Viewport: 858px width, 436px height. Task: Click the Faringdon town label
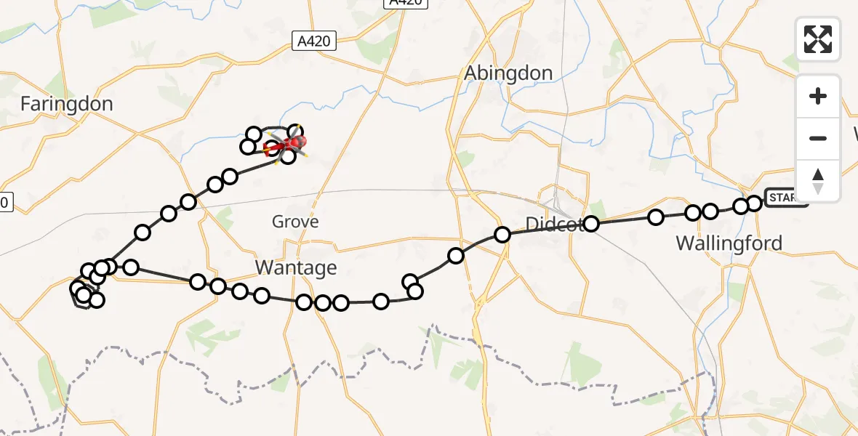(x=66, y=104)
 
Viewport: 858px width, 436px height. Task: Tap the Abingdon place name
(x=508, y=73)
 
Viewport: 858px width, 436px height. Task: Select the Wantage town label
(x=296, y=268)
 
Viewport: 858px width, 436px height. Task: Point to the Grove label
(x=295, y=222)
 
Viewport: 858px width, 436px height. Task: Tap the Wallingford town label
(x=729, y=243)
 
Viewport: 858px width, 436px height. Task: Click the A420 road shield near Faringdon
(x=316, y=41)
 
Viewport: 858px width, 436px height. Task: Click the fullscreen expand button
(x=818, y=39)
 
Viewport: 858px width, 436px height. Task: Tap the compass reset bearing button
(x=818, y=181)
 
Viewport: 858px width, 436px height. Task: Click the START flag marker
(x=786, y=198)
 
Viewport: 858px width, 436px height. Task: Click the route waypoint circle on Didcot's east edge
(x=592, y=224)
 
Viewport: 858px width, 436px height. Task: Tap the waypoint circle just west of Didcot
(x=502, y=234)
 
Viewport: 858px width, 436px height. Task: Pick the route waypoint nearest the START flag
(x=754, y=203)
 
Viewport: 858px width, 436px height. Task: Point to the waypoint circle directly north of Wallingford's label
(x=710, y=211)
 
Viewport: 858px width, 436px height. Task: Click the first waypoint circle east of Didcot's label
(x=656, y=217)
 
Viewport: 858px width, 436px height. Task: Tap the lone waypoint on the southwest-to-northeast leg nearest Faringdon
(x=143, y=233)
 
